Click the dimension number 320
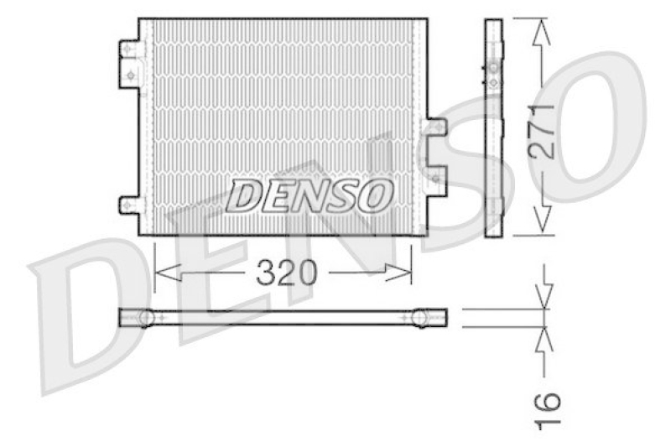pos(284,273)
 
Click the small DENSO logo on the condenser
pos(311,195)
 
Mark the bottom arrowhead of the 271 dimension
pos(544,221)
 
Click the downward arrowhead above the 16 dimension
pos(545,296)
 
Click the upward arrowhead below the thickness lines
pos(545,338)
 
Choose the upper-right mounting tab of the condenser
pos(435,128)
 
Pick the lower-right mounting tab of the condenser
pos(435,177)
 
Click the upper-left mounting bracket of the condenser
pos(130,61)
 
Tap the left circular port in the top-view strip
pos(146,318)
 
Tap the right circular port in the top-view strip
pos(420,318)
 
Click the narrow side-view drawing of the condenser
pos(493,126)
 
